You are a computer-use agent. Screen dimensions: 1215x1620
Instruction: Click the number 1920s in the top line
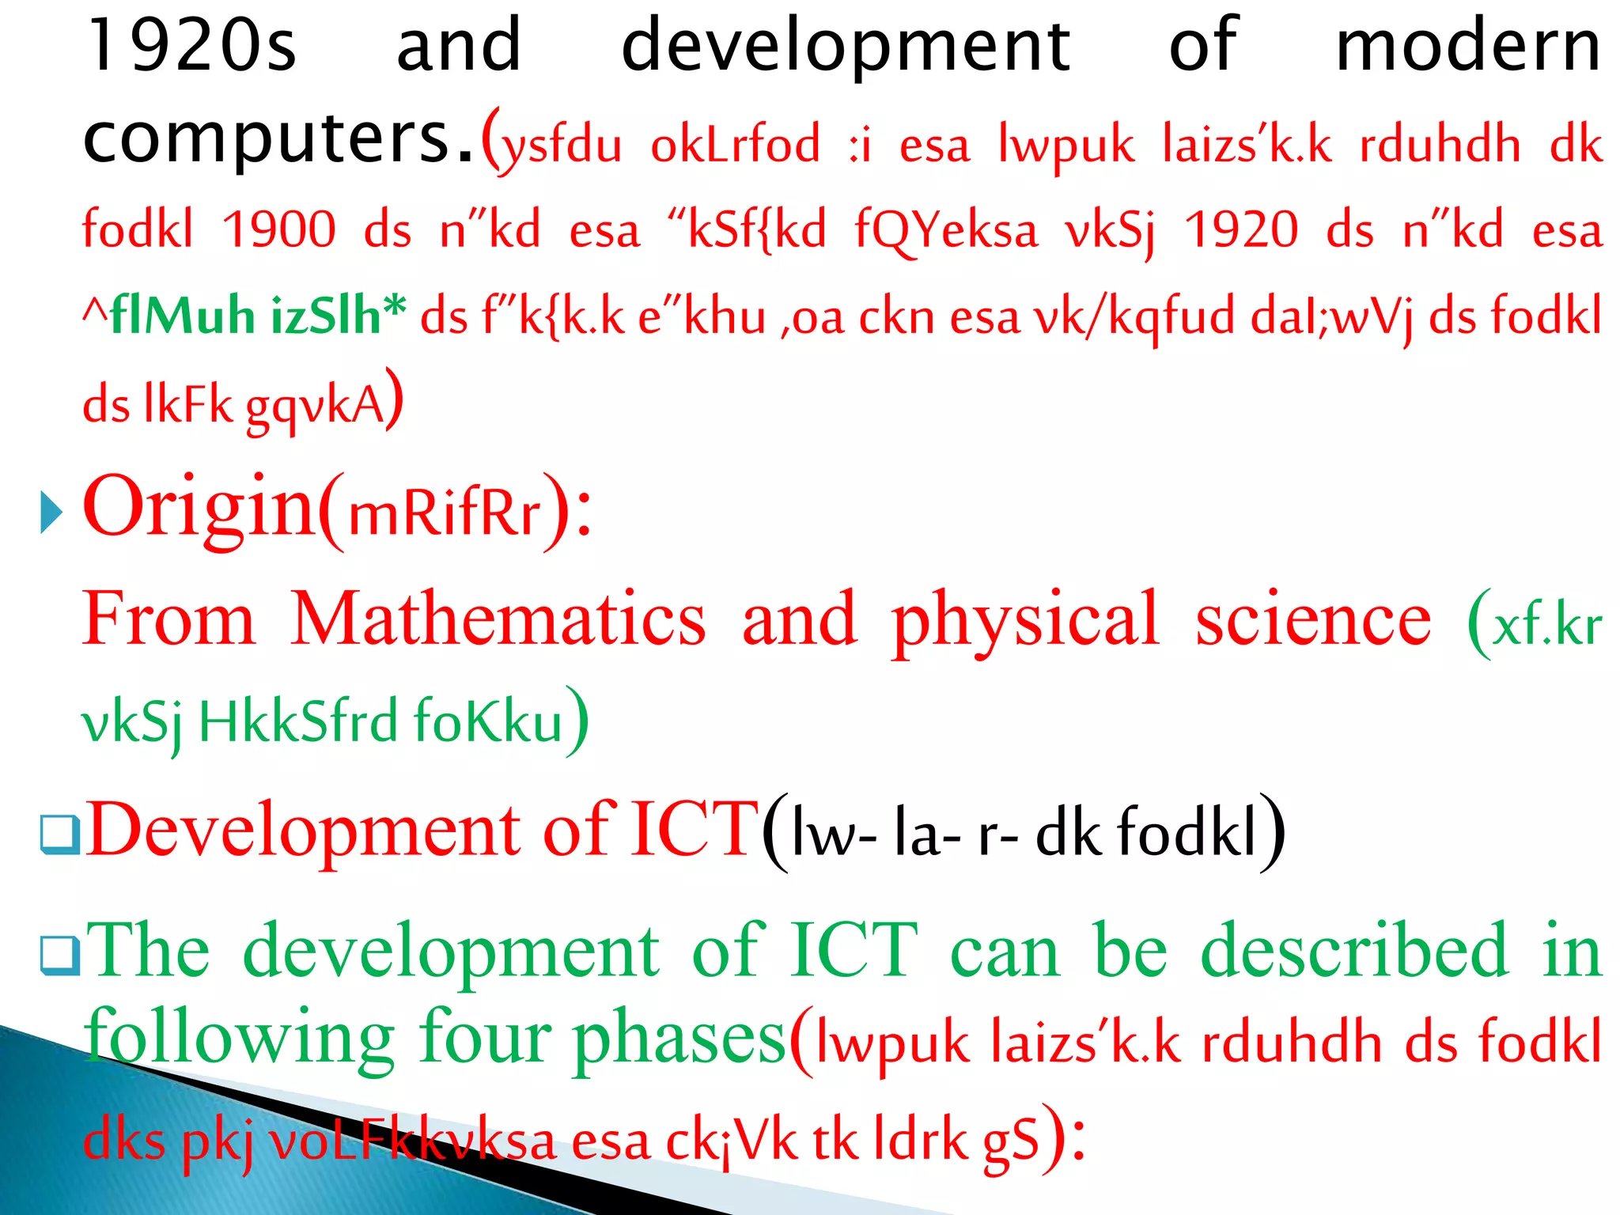(x=192, y=46)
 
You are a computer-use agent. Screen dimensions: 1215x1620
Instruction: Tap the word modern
(x=1468, y=46)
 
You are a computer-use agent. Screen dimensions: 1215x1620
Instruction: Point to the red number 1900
(x=279, y=230)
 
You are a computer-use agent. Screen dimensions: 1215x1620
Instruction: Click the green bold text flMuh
(x=183, y=315)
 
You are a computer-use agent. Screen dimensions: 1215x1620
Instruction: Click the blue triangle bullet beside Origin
(x=51, y=512)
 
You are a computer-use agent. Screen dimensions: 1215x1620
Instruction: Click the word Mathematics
(x=498, y=619)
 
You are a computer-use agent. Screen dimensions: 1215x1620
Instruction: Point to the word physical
(x=1025, y=619)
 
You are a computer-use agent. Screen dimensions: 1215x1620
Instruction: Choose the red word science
(x=1313, y=619)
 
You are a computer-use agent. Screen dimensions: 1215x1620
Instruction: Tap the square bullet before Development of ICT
(x=60, y=835)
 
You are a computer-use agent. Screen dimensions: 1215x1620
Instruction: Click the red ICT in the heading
(x=695, y=829)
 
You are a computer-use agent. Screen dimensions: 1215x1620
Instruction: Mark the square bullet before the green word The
(x=60, y=955)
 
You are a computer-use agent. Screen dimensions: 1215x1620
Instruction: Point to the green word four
(x=485, y=1037)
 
